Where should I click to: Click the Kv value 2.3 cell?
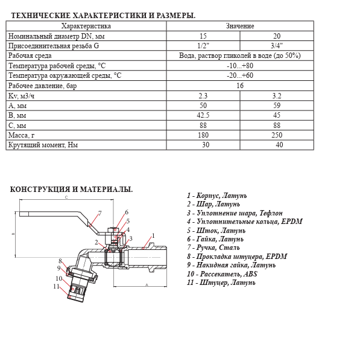tap(203, 95)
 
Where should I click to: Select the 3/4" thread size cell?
tap(277, 46)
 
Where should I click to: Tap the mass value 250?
tap(277, 135)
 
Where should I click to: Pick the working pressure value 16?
tap(240, 85)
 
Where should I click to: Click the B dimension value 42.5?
tap(203, 115)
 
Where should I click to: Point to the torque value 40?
tap(279, 145)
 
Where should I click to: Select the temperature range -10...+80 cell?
tap(240, 66)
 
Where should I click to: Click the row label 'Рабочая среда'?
tap(30, 56)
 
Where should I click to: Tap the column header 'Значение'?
tap(240, 26)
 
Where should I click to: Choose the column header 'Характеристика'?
tap(86, 26)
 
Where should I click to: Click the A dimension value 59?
tap(277, 105)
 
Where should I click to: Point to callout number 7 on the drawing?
tap(99, 213)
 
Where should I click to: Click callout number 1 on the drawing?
tap(153, 235)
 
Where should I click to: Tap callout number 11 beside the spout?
tap(56, 286)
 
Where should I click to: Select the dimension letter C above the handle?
tap(66, 197)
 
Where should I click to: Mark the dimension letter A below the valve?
tap(147, 285)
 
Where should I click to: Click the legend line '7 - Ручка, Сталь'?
tap(213, 248)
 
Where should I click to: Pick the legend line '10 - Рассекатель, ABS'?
tap(222, 273)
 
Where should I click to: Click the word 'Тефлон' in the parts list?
tap(271, 213)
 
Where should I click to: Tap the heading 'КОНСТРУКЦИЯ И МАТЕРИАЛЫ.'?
tap(72, 189)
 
